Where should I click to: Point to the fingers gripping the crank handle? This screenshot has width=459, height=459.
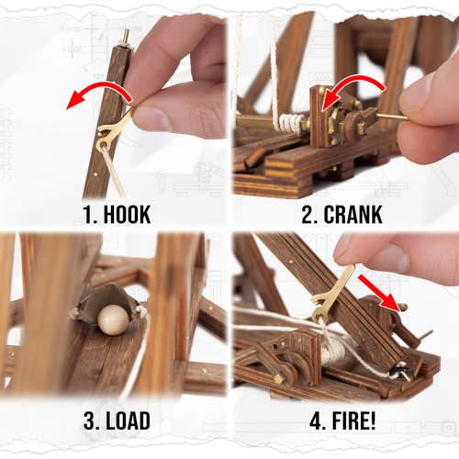click(427, 115)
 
